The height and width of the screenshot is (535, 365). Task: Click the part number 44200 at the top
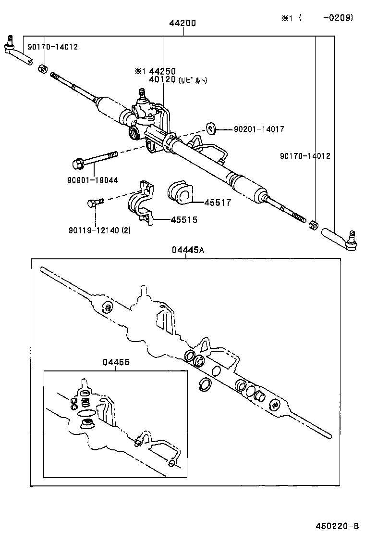coord(182,23)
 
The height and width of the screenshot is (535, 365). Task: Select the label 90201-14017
coord(259,129)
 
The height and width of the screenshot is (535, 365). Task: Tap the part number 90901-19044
coord(93,180)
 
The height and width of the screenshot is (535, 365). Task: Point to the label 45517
coord(218,203)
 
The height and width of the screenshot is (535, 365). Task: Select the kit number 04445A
coord(188,250)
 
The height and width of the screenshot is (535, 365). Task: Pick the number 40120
coord(162,79)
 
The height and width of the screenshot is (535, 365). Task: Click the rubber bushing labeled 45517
coord(179,192)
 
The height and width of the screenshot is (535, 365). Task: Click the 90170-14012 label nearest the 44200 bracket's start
coord(53,47)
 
